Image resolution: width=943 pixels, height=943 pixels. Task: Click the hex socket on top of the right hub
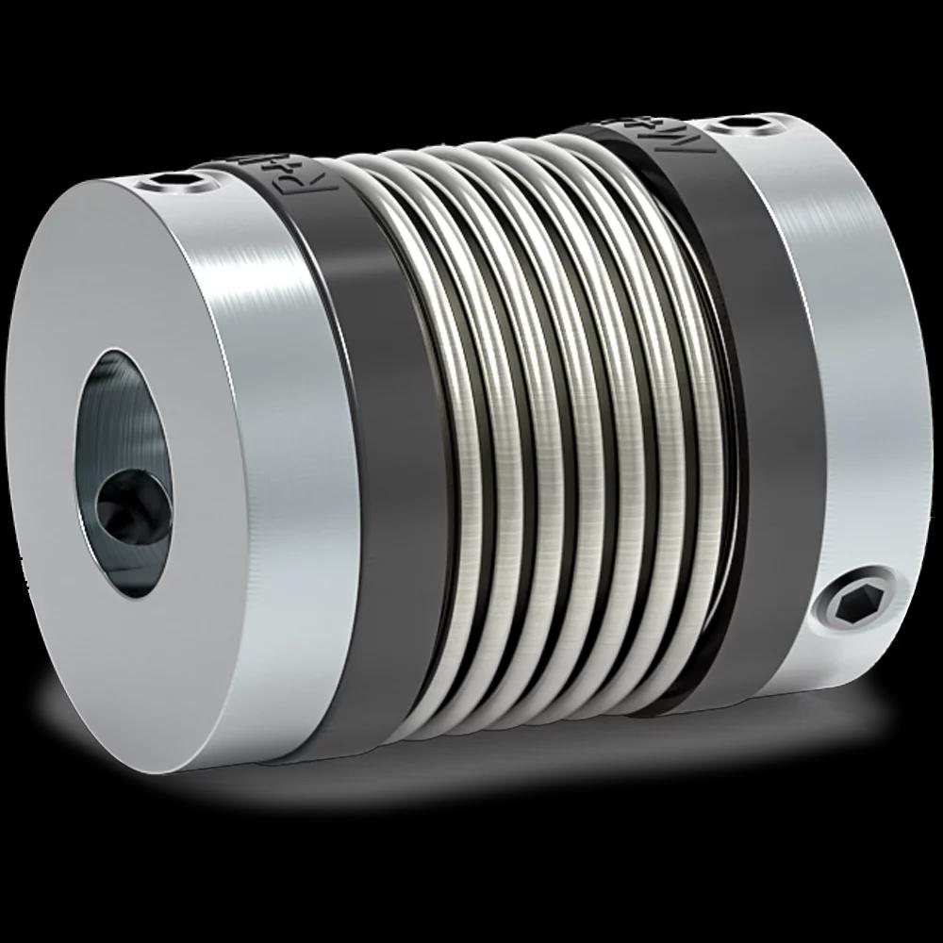pyautogui.click(x=741, y=124)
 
